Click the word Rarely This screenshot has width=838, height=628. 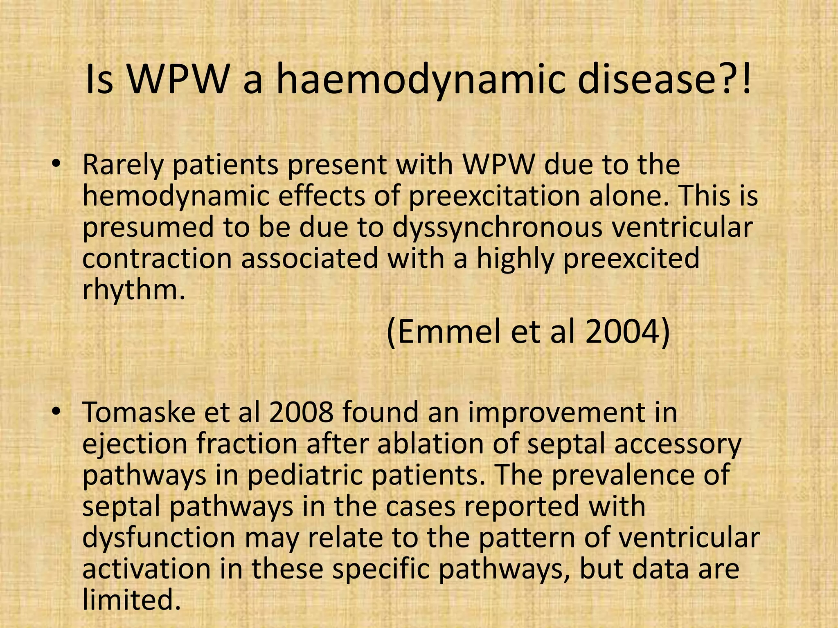point(122,166)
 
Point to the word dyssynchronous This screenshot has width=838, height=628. point(497,228)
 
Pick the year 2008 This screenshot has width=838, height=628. point(302,412)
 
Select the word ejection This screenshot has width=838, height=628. point(134,444)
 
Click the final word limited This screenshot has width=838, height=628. point(131,600)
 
